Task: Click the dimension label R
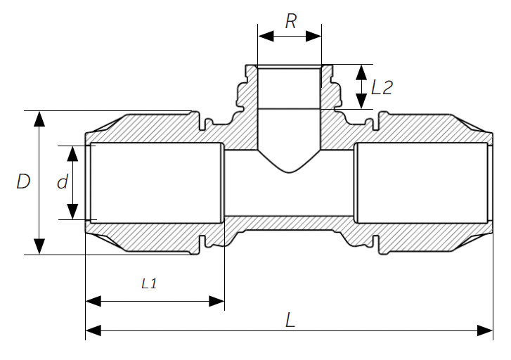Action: click(291, 22)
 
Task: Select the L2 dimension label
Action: click(382, 87)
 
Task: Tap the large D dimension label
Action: click(23, 181)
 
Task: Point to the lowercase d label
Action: click(63, 181)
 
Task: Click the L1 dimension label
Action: click(149, 283)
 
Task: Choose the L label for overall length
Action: click(290, 320)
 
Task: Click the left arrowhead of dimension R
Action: click(266, 37)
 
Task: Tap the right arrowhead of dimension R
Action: click(313, 37)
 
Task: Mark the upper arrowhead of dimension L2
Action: click(361, 72)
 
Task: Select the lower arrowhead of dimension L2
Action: click(361, 101)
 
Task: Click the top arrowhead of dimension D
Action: click(39, 119)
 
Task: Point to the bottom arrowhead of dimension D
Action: click(39, 247)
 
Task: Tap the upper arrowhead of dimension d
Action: click(72, 153)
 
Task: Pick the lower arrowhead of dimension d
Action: click(72, 212)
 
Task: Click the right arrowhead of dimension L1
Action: click(216, 302)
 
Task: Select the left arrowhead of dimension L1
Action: click(93, 302)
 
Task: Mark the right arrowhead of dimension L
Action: click(485, 330)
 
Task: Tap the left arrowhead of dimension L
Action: click(93, 330)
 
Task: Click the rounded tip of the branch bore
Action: click(289, 172)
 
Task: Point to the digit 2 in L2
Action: click(387, 88)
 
